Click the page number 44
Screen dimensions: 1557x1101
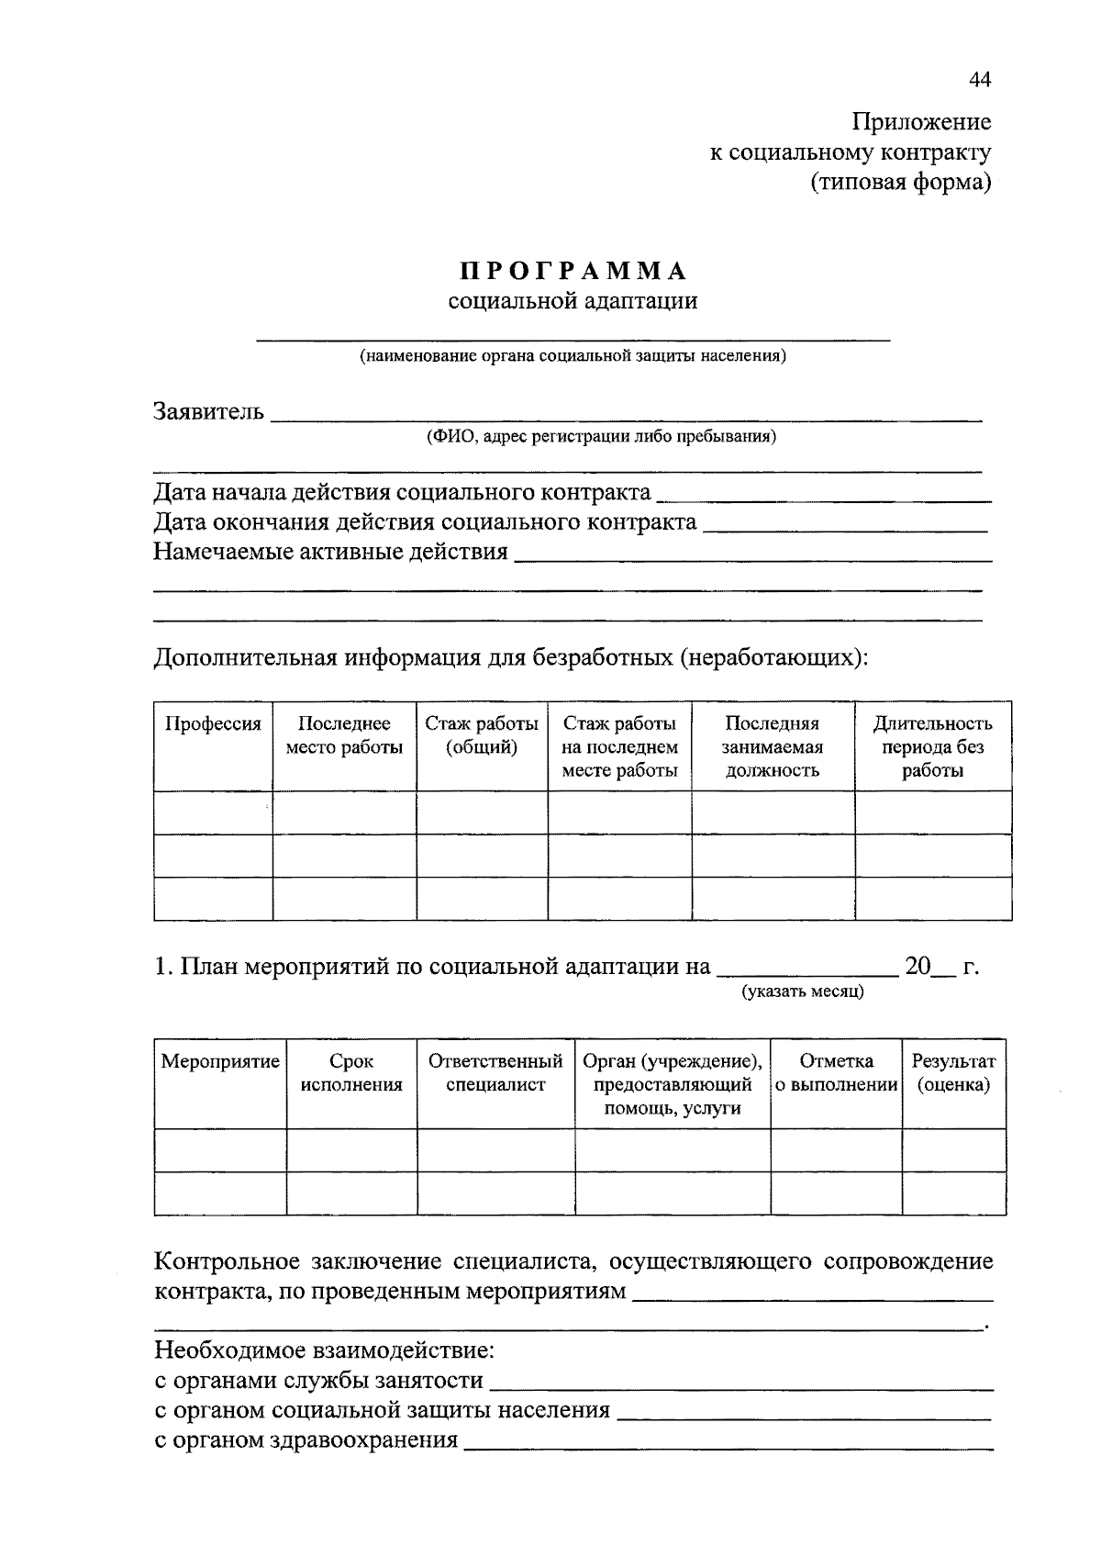pyautogui.click(x=979, y=81)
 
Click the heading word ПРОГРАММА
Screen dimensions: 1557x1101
pyautogui.click(x=573, y=272)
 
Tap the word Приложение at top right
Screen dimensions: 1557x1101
pyautogui.click(x=921, y=122)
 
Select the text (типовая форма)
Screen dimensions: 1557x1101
pyautogui.click(x=900, y=183)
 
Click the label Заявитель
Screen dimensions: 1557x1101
pyautogui.click(x=209, y=411)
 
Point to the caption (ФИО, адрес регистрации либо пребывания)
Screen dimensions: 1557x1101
pyautogui.click(x=600, y=436)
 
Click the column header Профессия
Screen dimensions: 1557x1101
pyautogui.click(x=213, y=723)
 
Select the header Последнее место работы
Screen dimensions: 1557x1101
pyautogui.click(x=344, y=735)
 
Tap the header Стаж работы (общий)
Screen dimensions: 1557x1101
pyautogui.click(x=482, y=735)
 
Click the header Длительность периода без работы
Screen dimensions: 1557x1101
pyautogui.click(x=932, y=746)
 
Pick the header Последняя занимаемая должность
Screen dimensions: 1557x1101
pyautogui.click(x=772, y=746)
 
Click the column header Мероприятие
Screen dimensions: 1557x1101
pyautogui.click(x=220, y=1061)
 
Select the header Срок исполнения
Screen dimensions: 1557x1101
pyautogui.click(x=351, y=1073)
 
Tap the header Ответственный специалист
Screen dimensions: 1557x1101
pyautogui.click(x=495, y=1073)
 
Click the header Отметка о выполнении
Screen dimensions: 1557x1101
pyautogui.click(x=836, y=1073)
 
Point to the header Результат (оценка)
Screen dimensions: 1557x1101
pyautogui.click(x=953, y=1073)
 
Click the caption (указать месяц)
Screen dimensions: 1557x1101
pyautogui.click(x=803, y=991)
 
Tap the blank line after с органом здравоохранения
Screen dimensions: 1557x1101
pyautogui.click(x=728, y=1446)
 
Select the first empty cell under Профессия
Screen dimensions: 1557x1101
pyautogui.click(x=213, y=812)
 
